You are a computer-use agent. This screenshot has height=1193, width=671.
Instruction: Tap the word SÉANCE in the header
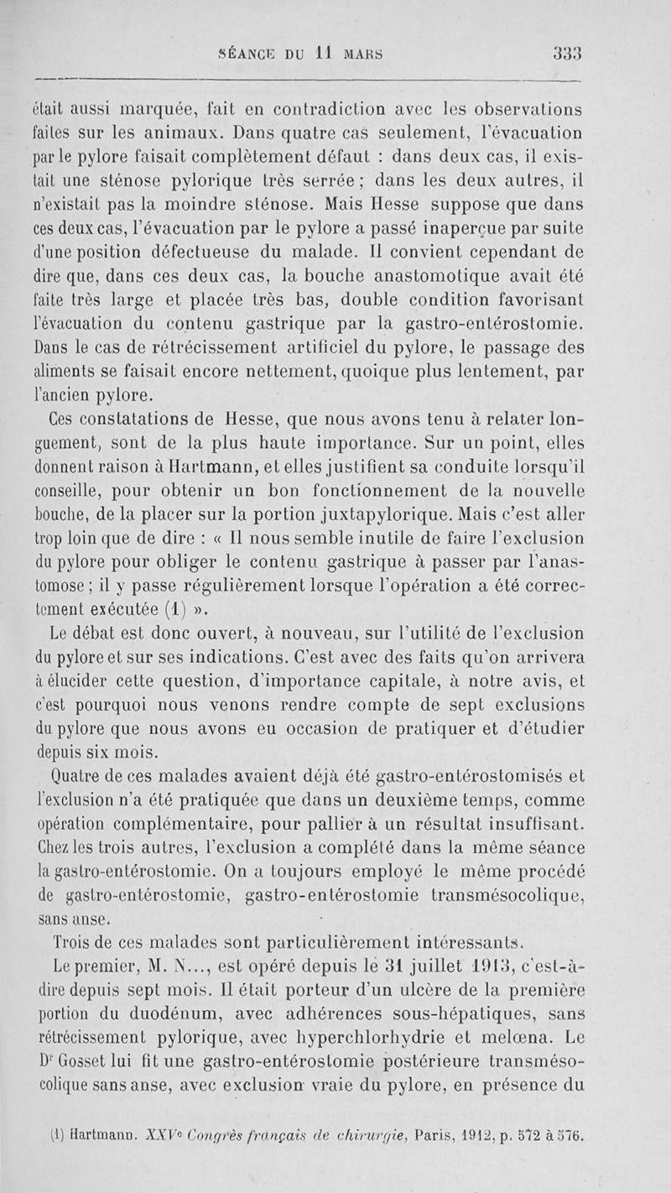pyautogui.click(x=251, y=48)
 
